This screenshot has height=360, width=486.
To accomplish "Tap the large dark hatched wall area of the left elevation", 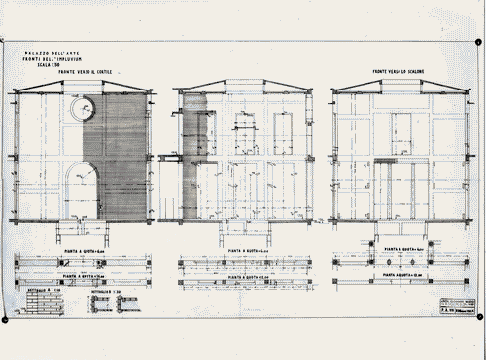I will [123, 156].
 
